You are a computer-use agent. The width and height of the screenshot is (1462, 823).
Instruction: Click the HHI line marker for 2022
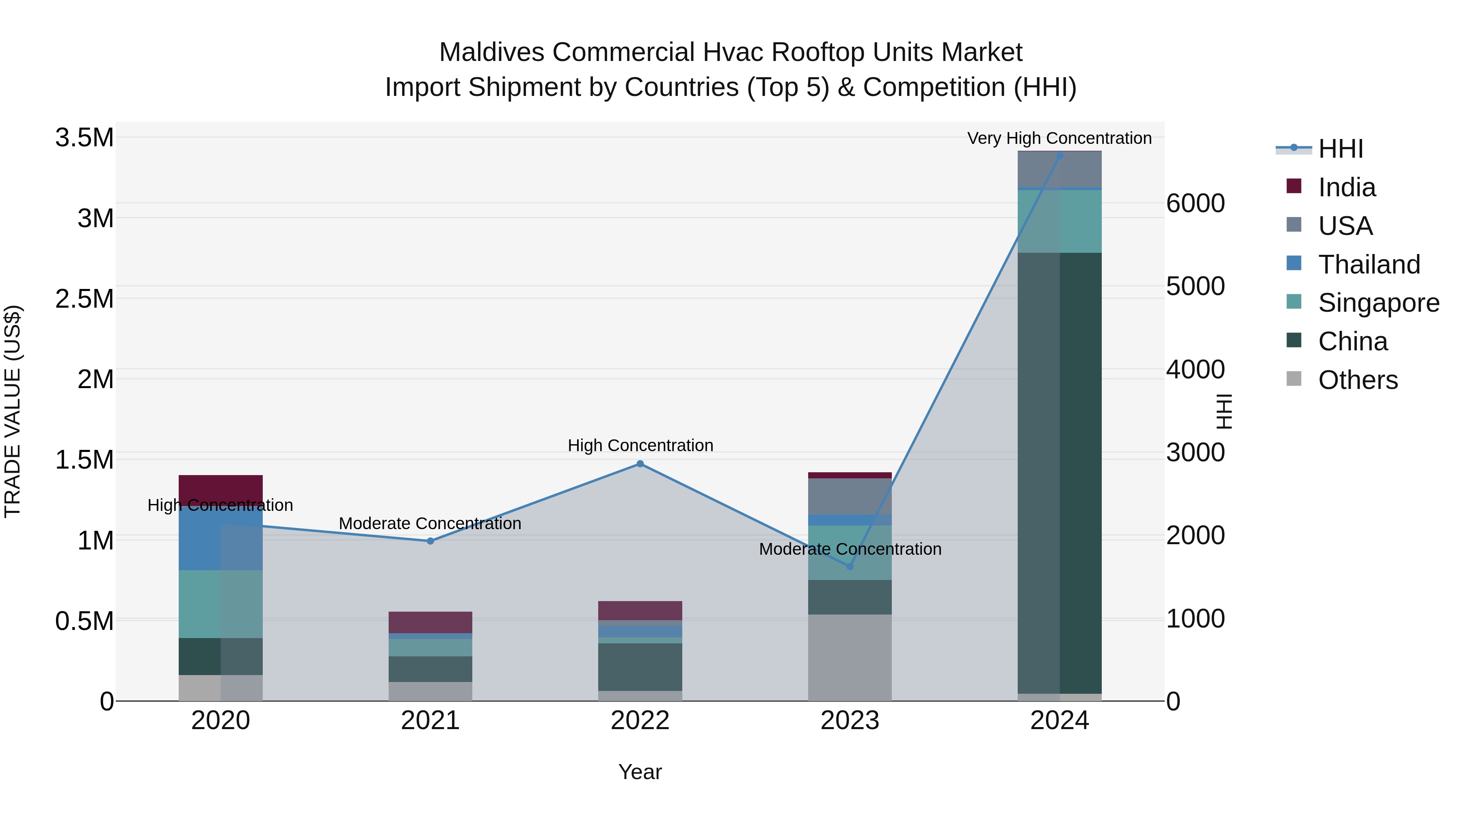640,464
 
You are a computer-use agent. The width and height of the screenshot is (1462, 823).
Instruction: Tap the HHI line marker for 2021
430,541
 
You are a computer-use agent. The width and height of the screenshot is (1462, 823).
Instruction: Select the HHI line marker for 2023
850,567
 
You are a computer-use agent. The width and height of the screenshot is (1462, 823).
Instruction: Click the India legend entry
1346,187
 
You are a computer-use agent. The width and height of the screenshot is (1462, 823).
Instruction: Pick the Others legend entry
1358,380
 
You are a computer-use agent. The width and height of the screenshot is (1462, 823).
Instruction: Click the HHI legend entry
1340,149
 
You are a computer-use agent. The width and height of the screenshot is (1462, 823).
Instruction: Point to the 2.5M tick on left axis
84,299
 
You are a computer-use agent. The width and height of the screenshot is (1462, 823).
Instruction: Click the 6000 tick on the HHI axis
1195,203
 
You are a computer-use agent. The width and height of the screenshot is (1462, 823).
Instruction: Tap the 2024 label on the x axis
1059,721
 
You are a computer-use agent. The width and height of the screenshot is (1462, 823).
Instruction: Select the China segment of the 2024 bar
1059,471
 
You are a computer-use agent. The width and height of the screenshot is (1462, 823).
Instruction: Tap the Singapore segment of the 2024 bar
1059,221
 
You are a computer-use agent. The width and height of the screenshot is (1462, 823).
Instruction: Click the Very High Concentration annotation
1059,138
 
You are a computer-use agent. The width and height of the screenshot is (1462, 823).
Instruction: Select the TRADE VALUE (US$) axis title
13,411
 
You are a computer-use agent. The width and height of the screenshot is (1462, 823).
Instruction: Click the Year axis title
640,772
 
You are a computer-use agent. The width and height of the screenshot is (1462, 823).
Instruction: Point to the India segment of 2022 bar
640,610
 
